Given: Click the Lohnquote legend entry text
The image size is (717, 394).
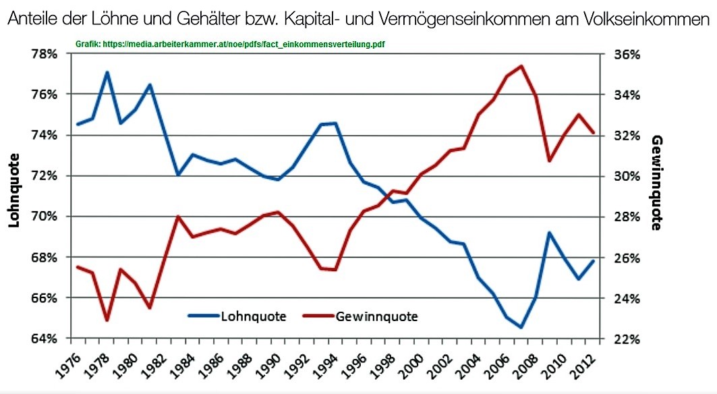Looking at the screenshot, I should (254, 316).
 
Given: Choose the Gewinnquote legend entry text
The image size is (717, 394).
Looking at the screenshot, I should (376, 316).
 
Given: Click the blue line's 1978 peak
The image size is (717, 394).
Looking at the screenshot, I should (107, 72).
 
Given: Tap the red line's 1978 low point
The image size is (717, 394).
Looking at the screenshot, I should (107, 320).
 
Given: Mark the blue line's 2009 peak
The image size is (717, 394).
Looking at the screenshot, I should (550, 233).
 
